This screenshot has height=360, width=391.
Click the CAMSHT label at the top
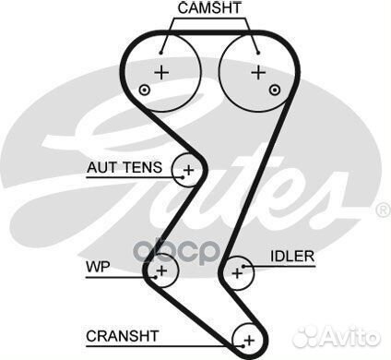[x=210, y=9]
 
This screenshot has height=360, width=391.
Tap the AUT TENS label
[x=124, y=168]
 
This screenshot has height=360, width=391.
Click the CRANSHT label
[x=123, y=334]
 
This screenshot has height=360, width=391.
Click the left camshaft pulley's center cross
[x=162, y=72]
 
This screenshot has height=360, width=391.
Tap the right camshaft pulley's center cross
[x=259, y=71]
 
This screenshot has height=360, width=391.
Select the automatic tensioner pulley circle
[x=189, y=170]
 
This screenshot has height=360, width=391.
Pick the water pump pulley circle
[x=161, y=270]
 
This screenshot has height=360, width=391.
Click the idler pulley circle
[x=239, y=271]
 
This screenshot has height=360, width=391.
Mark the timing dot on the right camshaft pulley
[x=276, y=90]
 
